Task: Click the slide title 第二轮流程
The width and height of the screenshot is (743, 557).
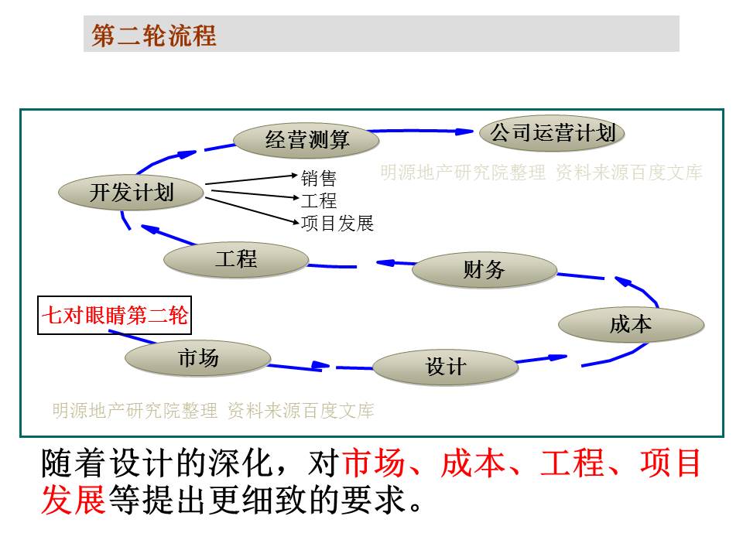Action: point(154,35)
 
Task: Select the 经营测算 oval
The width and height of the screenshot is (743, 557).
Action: point(306,140)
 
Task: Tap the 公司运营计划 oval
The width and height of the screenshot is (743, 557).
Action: point(552,132)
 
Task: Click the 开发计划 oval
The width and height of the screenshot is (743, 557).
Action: point(132,193)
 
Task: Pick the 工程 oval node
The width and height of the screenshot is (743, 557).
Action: point(236,260)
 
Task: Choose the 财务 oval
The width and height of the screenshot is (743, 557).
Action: point(484,269)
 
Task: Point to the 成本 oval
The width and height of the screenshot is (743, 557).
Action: point(632,325)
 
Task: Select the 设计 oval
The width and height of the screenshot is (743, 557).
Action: point(446,367)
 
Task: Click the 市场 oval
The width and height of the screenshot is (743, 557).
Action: point(198,358)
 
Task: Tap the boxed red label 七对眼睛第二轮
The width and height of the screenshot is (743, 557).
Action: point(115,316)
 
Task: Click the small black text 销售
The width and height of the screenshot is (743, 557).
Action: point(319,178)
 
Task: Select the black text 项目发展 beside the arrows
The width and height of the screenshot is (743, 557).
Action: point(337,223)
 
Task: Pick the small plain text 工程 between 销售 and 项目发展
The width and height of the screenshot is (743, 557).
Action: point(319,201)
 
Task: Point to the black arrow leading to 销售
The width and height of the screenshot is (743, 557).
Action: point(252,179)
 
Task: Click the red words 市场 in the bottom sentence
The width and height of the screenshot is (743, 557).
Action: point(374,463)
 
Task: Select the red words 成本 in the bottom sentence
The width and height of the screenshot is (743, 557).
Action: point(472,463)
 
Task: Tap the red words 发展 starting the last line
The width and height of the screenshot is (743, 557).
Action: point(73,500)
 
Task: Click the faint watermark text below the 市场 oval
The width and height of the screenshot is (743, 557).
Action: point(214,411)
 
